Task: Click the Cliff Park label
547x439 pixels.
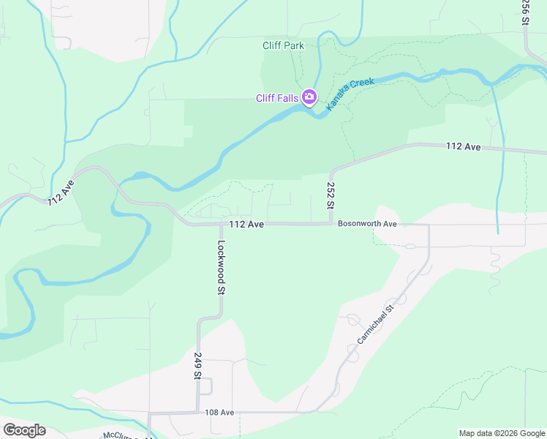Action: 283,45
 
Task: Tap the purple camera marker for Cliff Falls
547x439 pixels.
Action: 309,97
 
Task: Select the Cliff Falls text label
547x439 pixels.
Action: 276,98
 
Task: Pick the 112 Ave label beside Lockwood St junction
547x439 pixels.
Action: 246,225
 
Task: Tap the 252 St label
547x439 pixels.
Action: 331,196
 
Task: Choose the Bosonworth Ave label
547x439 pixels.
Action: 367,224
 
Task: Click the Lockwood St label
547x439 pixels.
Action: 220,269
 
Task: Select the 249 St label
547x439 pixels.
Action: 197,366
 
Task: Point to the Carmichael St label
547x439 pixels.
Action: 376,326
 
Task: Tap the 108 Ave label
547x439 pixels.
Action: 219,413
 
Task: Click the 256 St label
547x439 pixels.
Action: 525,13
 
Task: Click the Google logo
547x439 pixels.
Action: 24,430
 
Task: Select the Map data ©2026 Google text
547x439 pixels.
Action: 501,433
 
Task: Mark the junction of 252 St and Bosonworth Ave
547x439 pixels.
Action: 331,224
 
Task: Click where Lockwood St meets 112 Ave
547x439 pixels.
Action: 220,225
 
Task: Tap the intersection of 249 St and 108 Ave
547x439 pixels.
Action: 197,413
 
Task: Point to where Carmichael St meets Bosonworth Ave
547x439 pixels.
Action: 429,225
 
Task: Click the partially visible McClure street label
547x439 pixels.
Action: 121,435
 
